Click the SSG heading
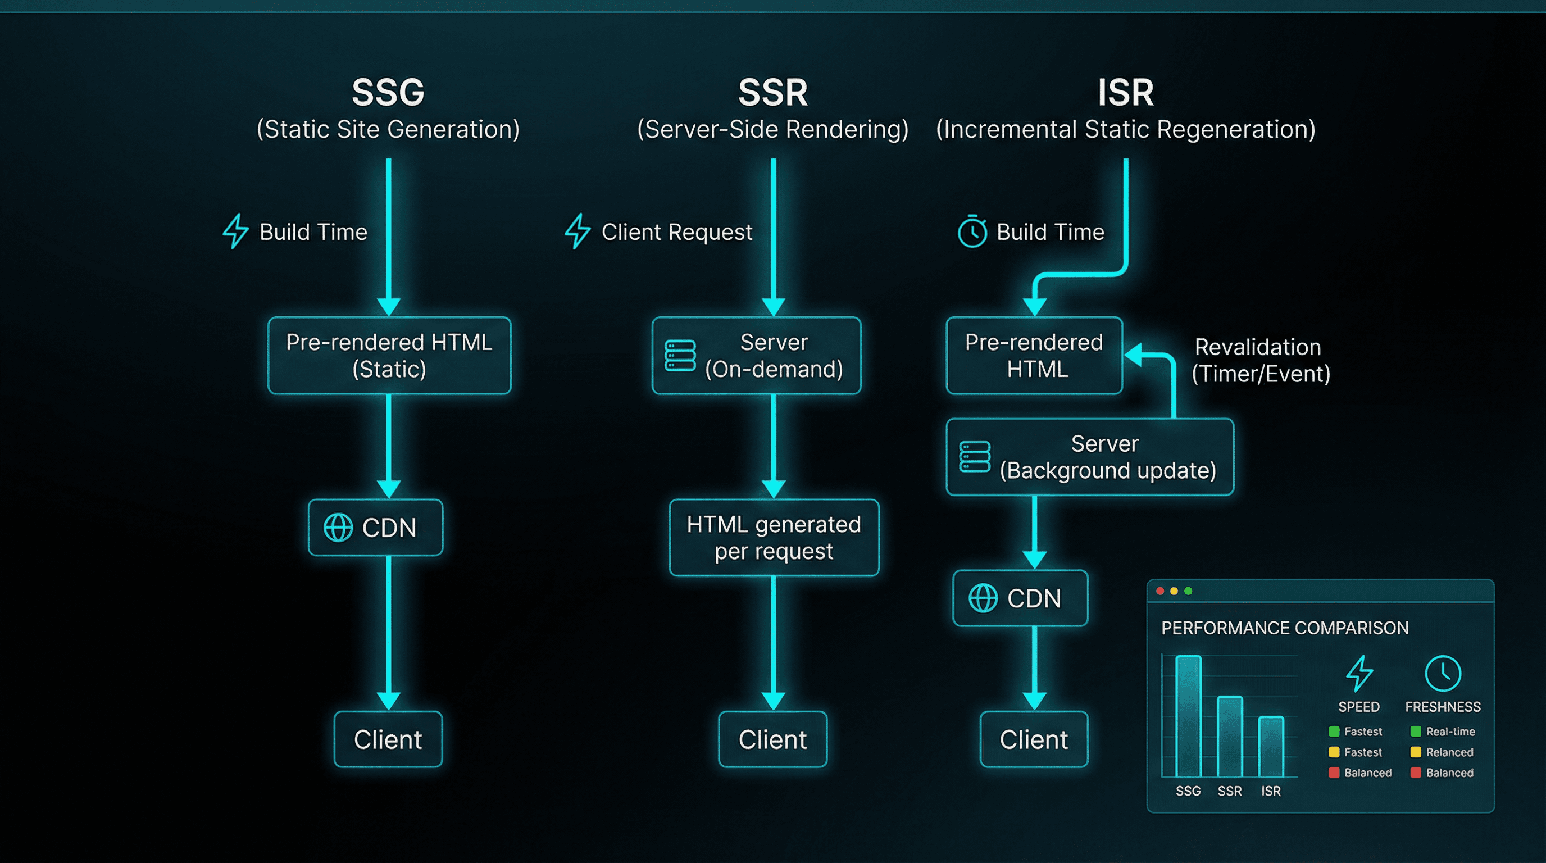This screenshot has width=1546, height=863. click(x=388, y=93)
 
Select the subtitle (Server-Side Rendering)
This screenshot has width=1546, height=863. click(x=772, y=130)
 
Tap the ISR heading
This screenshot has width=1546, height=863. click(x=1125, y=93)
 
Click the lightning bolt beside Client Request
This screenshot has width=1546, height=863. click(x=578, y=231)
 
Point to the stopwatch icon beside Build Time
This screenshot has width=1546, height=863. click(x=972, y=231)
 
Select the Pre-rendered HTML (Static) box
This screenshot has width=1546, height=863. click(x=389, y=355)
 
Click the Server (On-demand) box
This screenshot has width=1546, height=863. click(x=756, y=355)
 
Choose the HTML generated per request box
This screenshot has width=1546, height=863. click(x=774, y=537)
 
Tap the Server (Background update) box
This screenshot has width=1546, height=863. click(x=1089, y=457)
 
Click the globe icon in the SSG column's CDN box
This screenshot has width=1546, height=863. click(x=338, y=528)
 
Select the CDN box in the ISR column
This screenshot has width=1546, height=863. click(x=1020, y=598)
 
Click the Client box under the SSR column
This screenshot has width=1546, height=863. click(x=772, y=739)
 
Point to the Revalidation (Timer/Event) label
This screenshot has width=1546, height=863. click(x=1259, y=360)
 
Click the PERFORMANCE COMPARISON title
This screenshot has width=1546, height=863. click(x=1284, y=628)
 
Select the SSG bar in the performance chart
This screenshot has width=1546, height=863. click(x=1188, y=716)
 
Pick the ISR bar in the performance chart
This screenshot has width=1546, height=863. click(x=1271, y=747)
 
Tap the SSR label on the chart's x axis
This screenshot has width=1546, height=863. click(x=1229, y=791)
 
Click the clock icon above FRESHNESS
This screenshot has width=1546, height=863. click(x=1442, y=673)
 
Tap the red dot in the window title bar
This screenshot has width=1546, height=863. click(x=1160, y=591)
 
